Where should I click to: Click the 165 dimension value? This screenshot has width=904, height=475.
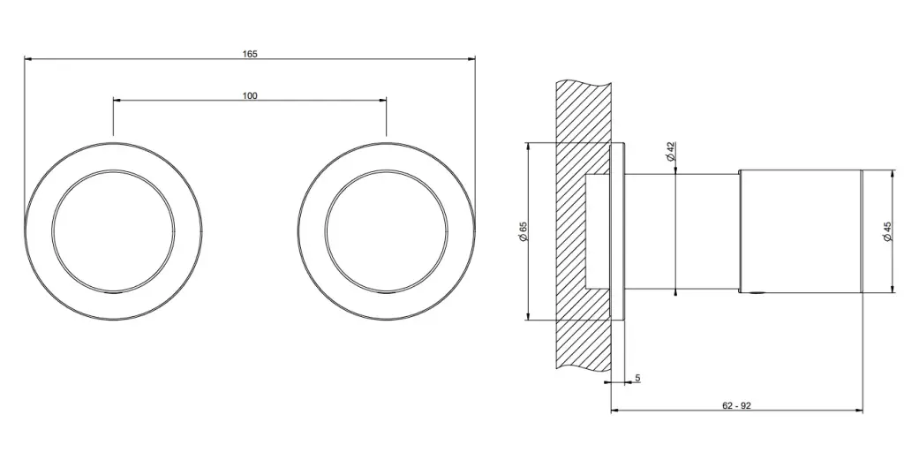point(250,54)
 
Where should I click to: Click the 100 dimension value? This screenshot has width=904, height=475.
point(250,95)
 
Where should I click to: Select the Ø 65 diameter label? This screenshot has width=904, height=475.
point(524,231)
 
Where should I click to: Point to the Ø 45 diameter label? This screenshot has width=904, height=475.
point(887,231)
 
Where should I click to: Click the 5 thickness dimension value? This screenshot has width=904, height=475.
point(637,378)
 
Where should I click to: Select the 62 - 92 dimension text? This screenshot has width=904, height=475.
point(737,405)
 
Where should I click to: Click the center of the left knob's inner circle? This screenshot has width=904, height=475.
point(113,231)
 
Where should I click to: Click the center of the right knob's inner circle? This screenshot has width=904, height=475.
point(387,231)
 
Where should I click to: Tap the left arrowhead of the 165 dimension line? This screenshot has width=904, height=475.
point(27,58)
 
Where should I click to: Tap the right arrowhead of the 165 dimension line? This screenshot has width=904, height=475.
point(472,58)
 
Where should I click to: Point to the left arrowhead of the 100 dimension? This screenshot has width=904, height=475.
point(116,100)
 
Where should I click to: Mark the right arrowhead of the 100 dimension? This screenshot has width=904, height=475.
point(383,100)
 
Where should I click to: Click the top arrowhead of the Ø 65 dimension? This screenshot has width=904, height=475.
point(529,146)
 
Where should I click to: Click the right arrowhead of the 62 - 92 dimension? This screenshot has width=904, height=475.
point(860,411)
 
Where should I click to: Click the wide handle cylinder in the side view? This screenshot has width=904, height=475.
point(800,231)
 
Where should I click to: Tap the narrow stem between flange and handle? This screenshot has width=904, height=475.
point(682,231)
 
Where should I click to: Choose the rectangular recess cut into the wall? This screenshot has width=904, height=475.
point(598,231)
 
